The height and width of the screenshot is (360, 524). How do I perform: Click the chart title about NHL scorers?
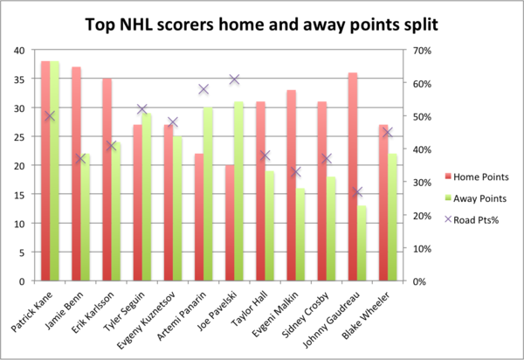[x=261, y=25]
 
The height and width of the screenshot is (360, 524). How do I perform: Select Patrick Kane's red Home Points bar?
[x=45, y=170]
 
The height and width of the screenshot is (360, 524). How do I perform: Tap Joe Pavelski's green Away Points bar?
[x=238, y=191]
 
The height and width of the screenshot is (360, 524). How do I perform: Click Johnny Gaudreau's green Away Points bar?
[x=362, y=243]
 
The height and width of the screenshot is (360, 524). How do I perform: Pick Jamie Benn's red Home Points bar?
[x=76, y=174]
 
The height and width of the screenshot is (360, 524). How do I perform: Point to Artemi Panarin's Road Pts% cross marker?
[x=203, y=89]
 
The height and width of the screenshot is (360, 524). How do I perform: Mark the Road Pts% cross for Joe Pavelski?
[x=234, y=80]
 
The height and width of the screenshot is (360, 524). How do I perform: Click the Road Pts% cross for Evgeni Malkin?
[x=296, y=172]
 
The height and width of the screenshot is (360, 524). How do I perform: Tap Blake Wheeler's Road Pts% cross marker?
[x=388, y=132]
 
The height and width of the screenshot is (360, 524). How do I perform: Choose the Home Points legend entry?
[x=477, y=177]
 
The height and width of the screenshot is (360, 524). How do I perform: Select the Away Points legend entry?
[x=476, y=198]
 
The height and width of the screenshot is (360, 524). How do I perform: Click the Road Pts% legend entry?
[x=472, y=220]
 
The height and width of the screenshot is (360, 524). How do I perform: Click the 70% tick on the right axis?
[x=422, y=51]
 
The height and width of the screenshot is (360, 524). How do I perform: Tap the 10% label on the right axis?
[x=422, y=249]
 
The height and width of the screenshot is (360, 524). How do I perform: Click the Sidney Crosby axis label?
[x=306, y=315]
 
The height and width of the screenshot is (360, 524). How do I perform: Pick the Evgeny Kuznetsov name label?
[x=147, y=320]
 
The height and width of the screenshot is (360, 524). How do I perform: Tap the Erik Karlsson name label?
[x=93, y=312]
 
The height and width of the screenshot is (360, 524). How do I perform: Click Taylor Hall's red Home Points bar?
[x=260, y=191]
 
